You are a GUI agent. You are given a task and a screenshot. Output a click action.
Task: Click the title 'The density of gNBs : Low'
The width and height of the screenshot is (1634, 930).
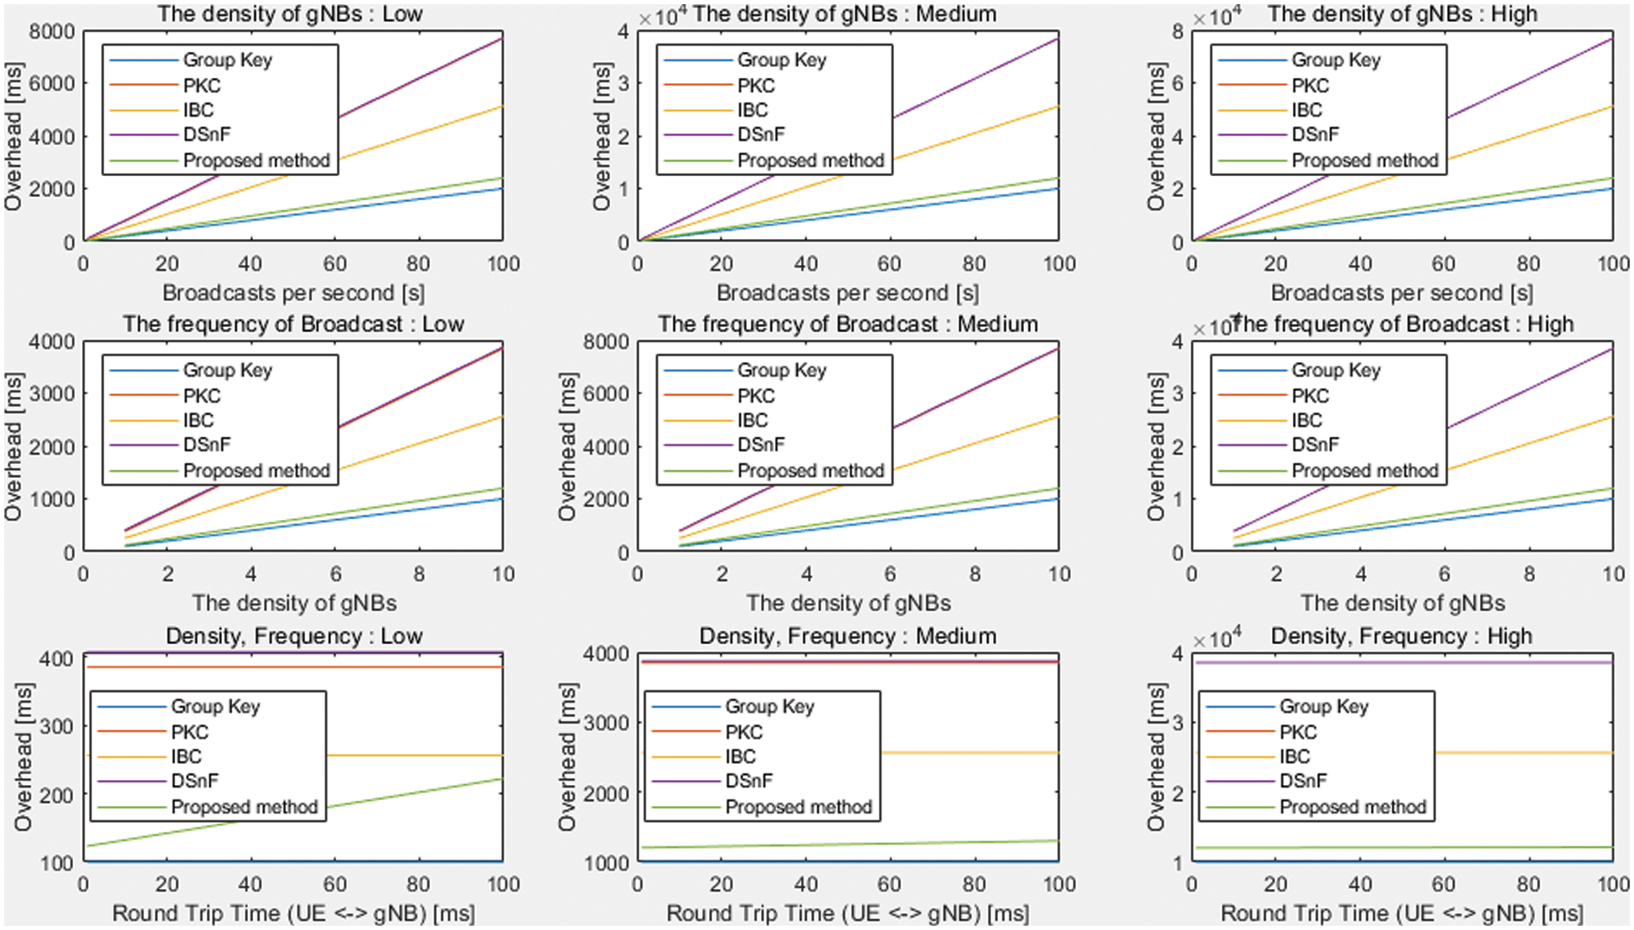pyautogui.click(x=290, y=13)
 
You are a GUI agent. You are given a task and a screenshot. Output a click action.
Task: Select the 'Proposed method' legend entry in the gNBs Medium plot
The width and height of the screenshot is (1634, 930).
pyautogui.click(x=810, y=160)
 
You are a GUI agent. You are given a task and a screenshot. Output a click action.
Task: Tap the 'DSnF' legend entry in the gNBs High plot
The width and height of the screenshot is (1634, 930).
pyautogui.click(x=1315, y=134)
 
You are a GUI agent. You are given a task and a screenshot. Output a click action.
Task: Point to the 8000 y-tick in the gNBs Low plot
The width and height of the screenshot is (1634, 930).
pyautogui.click(x=52, y=32)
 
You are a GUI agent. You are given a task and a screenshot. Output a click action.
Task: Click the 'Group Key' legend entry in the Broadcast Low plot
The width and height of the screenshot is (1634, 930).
pyautogui.click(x=227, y=370)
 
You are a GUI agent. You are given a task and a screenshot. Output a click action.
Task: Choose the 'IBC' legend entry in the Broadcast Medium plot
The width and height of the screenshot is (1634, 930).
pyautogui.click(x=752, y=420)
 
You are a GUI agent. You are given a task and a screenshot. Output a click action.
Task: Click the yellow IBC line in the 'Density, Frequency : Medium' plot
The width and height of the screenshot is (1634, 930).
pyautogui.click(x=964, y=753)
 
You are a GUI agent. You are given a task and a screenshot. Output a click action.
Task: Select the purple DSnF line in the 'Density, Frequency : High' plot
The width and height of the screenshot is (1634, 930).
pyautogui.click(x=1508, y=662)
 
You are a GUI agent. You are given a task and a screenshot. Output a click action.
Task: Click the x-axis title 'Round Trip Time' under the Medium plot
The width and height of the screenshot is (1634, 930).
pyautogui.click(x=847, y=913)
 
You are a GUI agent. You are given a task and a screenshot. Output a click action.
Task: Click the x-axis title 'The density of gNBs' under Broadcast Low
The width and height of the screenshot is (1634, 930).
pyautogui.click(x=294, y=603)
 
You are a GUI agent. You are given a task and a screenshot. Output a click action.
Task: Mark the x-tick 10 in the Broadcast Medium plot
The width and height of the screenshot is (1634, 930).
pyautogui.click(x=1059, y=574)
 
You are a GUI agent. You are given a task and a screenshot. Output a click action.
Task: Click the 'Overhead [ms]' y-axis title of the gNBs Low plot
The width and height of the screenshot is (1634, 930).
pyautogui.click(x=13, y=136)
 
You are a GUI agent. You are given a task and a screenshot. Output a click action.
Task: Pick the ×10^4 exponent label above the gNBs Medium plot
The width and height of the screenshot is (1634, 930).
pyautogui.click(x=663, y=16)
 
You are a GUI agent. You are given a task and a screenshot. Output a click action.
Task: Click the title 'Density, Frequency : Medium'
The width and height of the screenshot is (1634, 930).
pyautogui.click(x=847, y=636)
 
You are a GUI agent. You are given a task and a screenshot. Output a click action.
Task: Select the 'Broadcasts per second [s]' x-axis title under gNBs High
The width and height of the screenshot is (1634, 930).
pyautogui.click(x=1401, y=293)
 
